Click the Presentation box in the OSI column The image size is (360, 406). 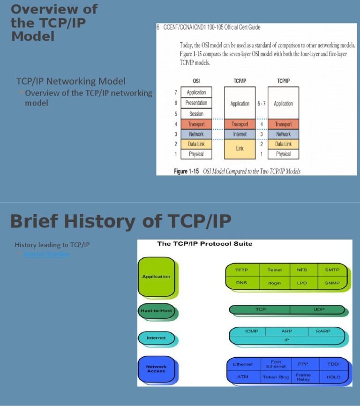(x=196, y=103)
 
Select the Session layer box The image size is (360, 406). (x=196, y=114)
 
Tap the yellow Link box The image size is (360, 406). (x=240, y=149)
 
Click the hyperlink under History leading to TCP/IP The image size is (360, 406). (x=47, y=254)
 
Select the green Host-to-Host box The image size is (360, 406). (x=156, y=311)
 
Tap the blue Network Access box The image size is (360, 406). (x=156, y=369)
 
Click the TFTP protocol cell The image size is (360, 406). (x=241, y=271)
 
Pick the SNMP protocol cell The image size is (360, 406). (x=332, y=283)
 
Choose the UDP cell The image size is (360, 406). (x=318, y=309)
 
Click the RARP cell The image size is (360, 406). (x=323, y=331)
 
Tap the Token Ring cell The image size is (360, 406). (x=276, y=377)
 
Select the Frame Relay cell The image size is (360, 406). (x=303, y=377)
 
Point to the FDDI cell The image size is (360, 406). (x=333, y=364)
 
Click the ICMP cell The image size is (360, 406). (x=252, y=331)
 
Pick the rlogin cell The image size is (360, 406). (x=274, y=283)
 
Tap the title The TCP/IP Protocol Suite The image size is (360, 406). (x=204, y=244)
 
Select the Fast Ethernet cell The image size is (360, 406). (x=276, y=364)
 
